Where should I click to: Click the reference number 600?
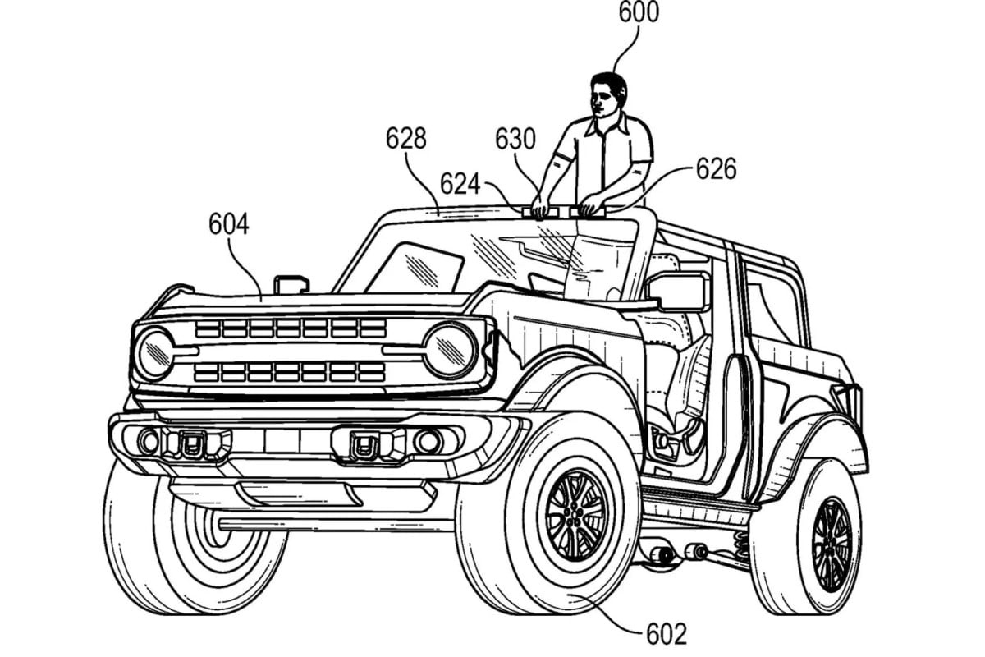pos(639,12)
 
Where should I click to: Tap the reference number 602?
pos(667,634)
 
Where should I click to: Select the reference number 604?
pos(229,224)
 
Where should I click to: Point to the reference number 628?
pos(405,138)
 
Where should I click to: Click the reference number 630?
pos(515,139)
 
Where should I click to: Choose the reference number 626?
pos(716,169)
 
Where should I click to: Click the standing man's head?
pos(608,97)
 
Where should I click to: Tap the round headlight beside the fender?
pos(451,351)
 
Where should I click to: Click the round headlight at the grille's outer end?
pos(154,354)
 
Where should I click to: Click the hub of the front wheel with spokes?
pos(575,516)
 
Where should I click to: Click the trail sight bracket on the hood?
pos(291,284)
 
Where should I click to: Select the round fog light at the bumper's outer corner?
pos(149,441)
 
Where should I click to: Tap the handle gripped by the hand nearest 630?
pos(540,213)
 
